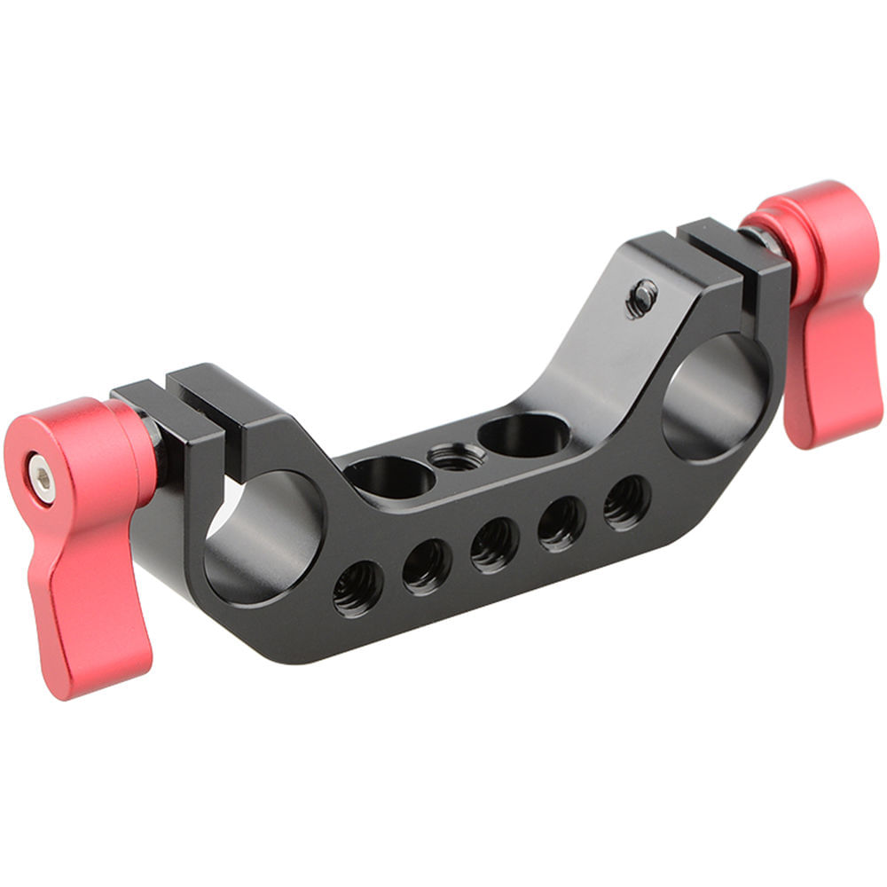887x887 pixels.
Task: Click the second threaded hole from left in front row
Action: point(427,566)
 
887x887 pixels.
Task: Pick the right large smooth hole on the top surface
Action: point(523,434)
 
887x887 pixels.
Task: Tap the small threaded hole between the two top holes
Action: point(457,457)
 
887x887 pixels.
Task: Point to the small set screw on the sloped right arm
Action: point(641,298)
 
